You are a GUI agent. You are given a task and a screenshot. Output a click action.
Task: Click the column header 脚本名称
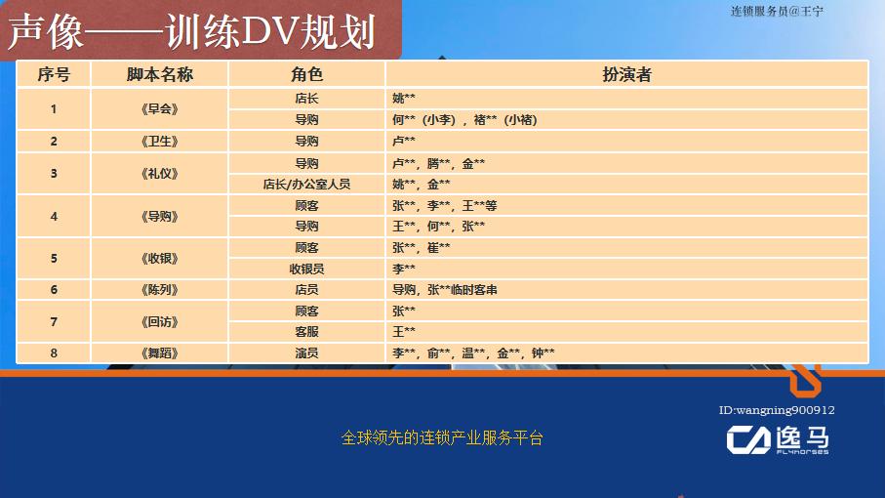tap(160, 75)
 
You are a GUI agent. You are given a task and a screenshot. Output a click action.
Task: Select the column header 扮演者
tap(626, 75)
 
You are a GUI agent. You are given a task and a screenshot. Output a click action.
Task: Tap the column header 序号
tap(54, 75)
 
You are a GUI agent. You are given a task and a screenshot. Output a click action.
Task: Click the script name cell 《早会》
tap(160, 109)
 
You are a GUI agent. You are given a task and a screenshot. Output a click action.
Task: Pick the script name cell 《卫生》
tap(160, 142)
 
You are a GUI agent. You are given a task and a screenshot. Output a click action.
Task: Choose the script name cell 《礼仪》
tap(160, 174)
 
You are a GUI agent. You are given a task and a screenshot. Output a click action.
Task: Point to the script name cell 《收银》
tap(160, 259)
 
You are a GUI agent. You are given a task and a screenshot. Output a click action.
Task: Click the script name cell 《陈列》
tap(160, 290)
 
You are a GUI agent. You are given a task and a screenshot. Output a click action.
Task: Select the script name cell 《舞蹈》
tap(160, 353)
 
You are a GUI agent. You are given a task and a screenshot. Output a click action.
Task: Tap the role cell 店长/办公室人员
tap(306, 184)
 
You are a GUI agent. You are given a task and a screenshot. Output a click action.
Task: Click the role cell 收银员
tap(306, 269)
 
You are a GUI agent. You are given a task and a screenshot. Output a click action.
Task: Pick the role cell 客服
tap(306, 332)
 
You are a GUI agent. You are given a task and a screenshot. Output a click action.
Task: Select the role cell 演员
tap(306, 353)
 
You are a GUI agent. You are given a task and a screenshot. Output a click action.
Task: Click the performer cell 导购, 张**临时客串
tap(445, 290)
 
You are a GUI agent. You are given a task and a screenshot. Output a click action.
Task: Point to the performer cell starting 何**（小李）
tap(464, 120)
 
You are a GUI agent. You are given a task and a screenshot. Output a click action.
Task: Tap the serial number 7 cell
tap(54, 321)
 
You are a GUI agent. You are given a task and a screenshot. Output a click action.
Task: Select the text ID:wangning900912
tap(776, 411)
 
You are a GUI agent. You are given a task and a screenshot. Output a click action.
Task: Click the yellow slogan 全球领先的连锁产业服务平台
tap(442, 438)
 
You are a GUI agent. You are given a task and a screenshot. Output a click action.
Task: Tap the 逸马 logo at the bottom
tap(778, 440)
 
